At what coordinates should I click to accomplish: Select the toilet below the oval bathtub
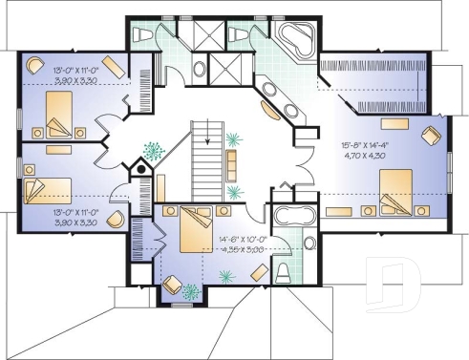pyautogui.click(x=282, y=273)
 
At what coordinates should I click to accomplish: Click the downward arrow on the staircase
pyautogui.click(x=202, y=168)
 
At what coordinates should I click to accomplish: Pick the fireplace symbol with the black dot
pyautogui.click(x=140, y=171)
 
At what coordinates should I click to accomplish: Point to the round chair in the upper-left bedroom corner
pyautogui.click(x=34, y=67)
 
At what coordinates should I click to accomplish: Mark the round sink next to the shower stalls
pyautogui.click(x=198, y=70)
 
